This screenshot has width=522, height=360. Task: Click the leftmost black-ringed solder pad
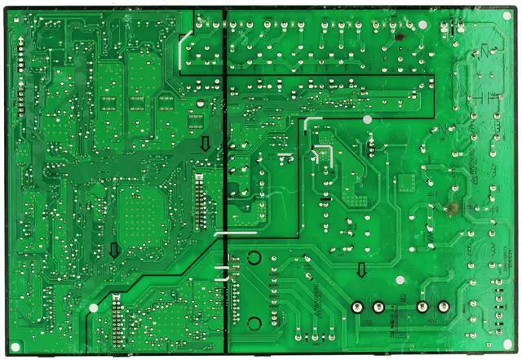356,308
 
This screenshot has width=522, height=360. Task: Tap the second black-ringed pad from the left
378,308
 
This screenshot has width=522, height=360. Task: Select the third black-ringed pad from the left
422,308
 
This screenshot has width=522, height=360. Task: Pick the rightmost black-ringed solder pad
444,308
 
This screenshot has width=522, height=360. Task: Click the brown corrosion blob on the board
449,209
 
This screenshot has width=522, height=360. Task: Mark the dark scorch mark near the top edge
400,36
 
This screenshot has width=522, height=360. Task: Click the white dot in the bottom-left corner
93,309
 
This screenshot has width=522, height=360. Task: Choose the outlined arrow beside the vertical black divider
206,144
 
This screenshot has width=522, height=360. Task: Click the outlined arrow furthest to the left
114,250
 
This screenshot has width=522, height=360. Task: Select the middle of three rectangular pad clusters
137,103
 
